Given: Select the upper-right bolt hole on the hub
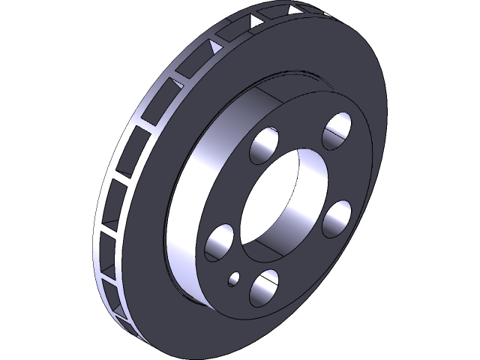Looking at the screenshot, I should click(x=337, y=130).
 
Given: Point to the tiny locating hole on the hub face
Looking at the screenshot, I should click(x=234, y=279).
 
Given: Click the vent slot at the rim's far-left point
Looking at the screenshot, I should click(x=105, y=202).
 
